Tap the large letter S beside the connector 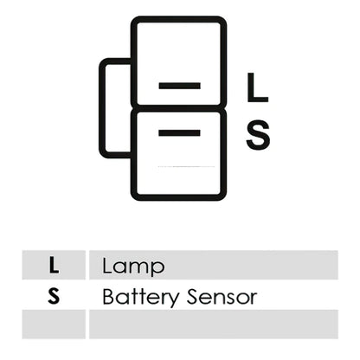[x=258, y=135]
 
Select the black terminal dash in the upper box [x=180, y=86]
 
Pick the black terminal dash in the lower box [x=179, y=132]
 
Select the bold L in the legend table [x=54, y=265]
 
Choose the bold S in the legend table [x=54, y=296]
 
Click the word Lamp [x=133, y=266]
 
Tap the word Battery [x=140, y=297]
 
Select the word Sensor [x=222, y=297]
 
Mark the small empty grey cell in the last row [x=54, y=325]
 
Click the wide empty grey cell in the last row [x=214, y=325]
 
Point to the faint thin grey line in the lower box [x=186, y=166]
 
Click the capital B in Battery [x=108, y=297]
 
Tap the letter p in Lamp [x=158, y=269]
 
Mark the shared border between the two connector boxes [x=179, y=108]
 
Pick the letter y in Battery [x=172, y=300]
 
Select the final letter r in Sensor [x=253, y=299]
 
